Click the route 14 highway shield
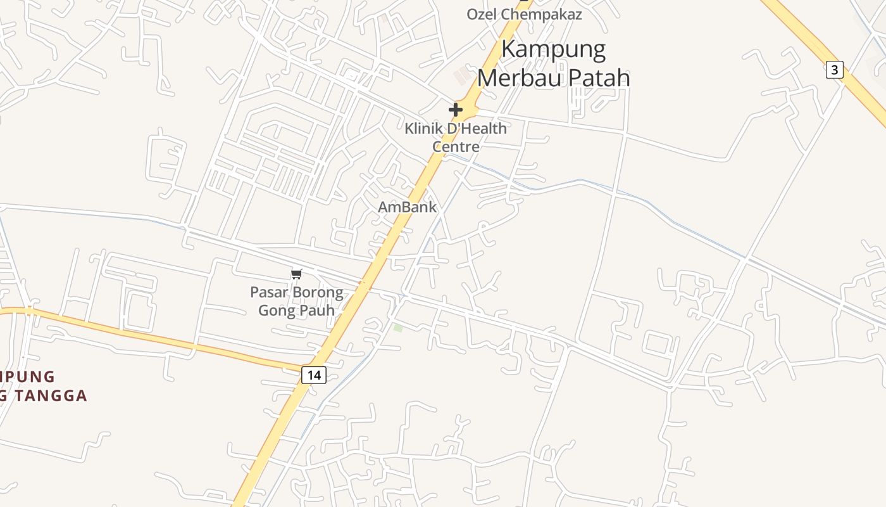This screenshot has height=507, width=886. (x=313, y=375)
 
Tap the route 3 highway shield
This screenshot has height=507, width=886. (x=834, y=70)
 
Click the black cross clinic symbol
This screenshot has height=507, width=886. (x=455, y=110)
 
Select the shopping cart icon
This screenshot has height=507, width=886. (x=297, y=274)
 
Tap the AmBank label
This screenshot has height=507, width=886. (x=407, y=207)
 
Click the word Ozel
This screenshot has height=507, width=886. (x=482, y=14)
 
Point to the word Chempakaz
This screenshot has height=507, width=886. (x=541, y=14)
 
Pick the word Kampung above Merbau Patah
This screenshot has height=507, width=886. (x=554, y=49)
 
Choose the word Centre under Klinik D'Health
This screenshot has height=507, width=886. (x=456, y=147)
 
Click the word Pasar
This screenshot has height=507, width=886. (x=269, y=293)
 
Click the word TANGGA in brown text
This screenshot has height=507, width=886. (x=49, y=395)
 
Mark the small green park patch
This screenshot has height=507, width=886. (x=397, y=328)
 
